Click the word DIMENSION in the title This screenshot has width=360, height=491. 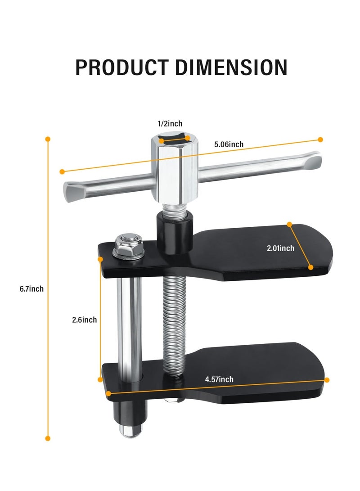click(231, 67)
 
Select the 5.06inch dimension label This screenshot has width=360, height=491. click(229, 144)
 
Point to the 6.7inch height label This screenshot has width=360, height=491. click(31, 289)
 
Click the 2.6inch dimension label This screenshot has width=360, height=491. click(84, 320)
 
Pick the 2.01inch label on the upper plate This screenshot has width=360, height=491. click(280, 248)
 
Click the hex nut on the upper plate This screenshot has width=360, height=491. click(128, 245)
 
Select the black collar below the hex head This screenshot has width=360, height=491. click(175, 229)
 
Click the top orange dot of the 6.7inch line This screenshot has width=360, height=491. click(48, 139)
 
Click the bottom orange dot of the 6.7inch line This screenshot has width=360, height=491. click(48, 438)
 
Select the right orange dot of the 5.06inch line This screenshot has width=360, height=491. click(320, 140)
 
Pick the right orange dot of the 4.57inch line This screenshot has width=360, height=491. click(327, 380)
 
